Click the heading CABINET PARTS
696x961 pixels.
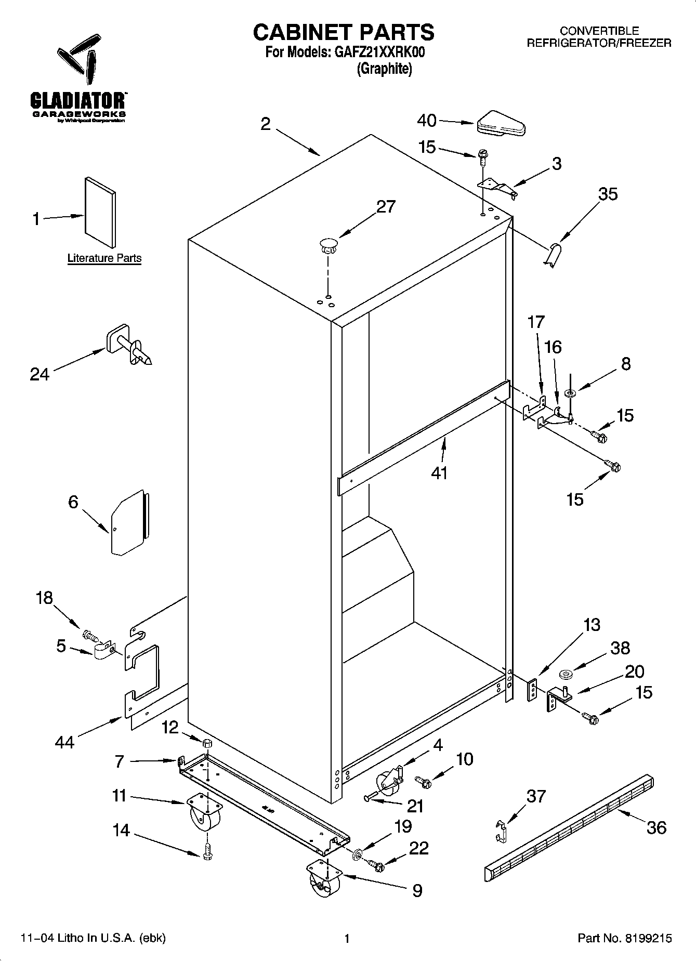click(x=344, y=32)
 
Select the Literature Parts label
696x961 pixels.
click(x=104, y=258)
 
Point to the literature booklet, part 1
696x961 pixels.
click(x=100, y=212)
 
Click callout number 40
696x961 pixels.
click(x=427, y=121)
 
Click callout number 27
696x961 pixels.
click(x=386, y=207)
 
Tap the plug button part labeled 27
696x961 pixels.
click(x=327, y=245)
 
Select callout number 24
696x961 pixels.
click(x=40, y=374)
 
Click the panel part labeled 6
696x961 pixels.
click(x=128, y=523)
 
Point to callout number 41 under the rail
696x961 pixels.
click(x=439, y=473)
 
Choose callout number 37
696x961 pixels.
click(x=536, y=796)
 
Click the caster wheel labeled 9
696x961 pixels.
click(x=323, y=879)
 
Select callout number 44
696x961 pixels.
click(x=64, y=742)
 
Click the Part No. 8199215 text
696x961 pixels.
click(x=625, y=938)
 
